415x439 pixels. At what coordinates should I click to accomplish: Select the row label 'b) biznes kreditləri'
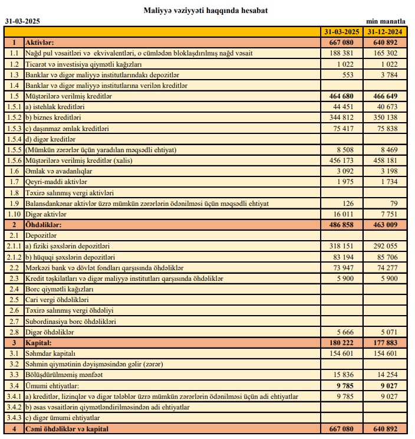pos(51,117)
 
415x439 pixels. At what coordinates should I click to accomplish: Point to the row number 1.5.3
pos(14,128)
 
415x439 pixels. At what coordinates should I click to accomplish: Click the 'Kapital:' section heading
pos(39,342)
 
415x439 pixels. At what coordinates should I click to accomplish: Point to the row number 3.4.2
pos(14,407)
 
